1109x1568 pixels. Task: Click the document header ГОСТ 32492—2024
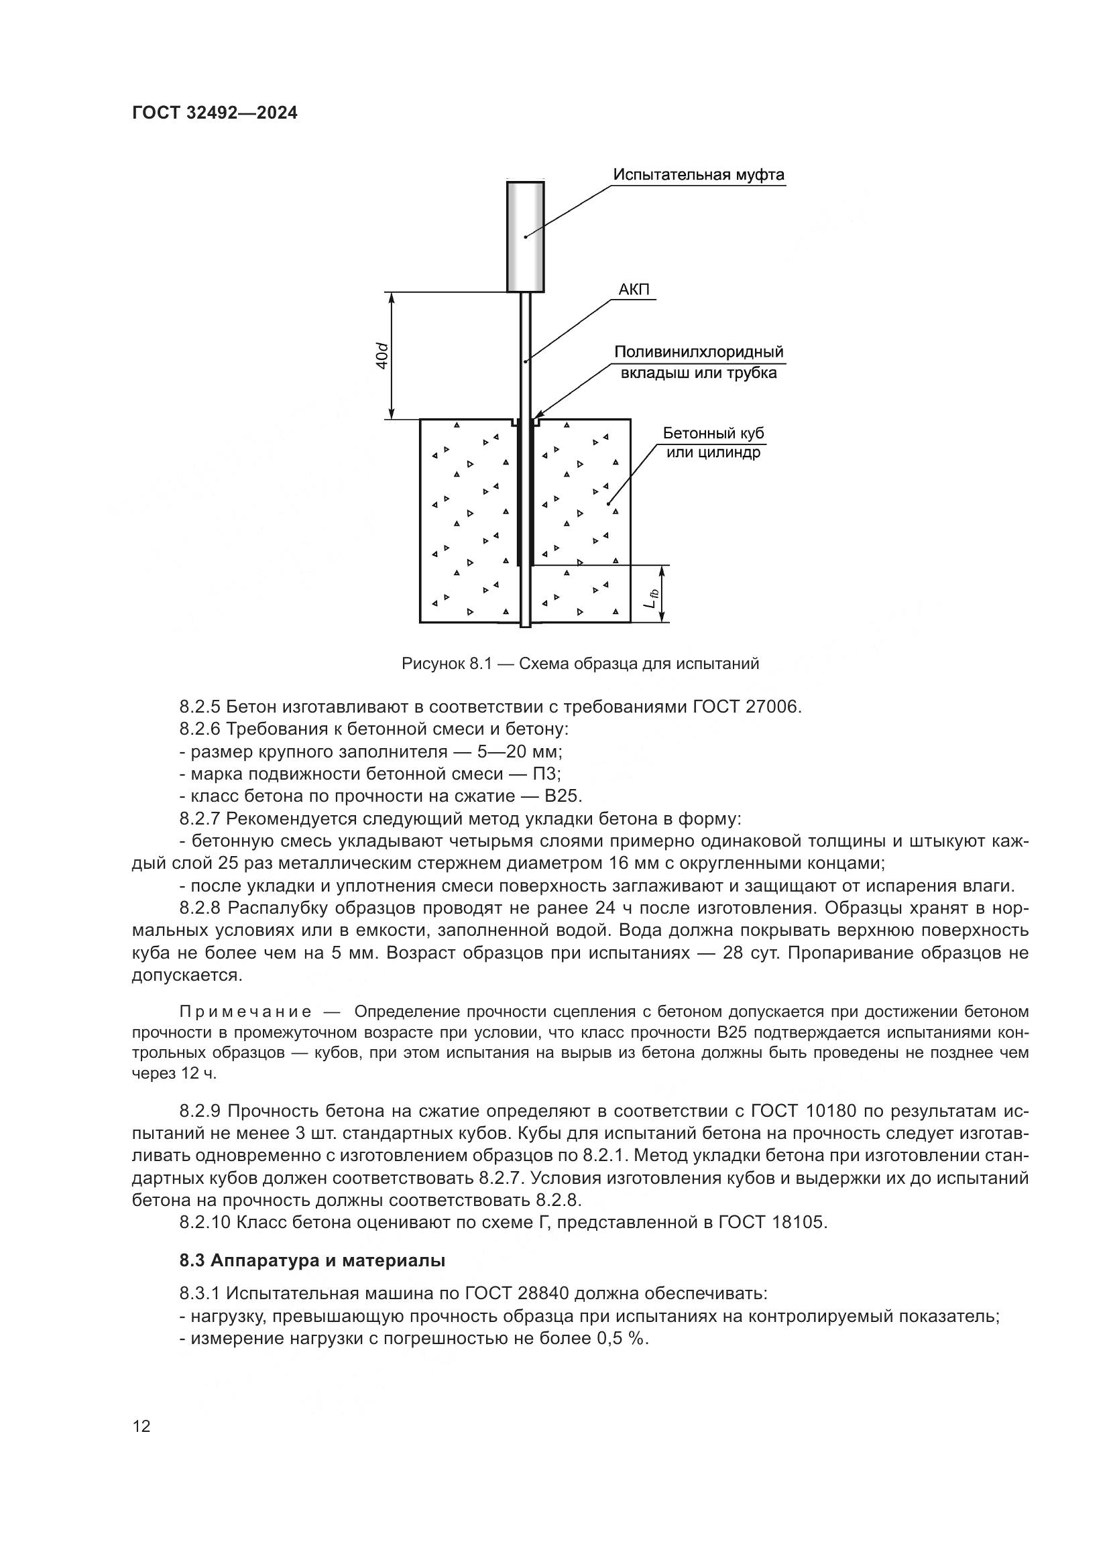(215, 113)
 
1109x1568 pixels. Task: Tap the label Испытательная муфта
(699, 175)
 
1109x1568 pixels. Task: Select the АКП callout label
(634, 290)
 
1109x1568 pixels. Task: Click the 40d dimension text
(382, 357)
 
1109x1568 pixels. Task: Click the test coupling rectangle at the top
(525, 236)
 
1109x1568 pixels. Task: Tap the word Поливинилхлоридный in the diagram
(699, 353)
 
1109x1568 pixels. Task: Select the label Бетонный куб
(713, 434)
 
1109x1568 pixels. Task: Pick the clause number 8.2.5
(200, 707)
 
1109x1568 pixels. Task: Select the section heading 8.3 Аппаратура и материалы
(312, 1262)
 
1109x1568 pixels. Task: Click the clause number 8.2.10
(205, 1223)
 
